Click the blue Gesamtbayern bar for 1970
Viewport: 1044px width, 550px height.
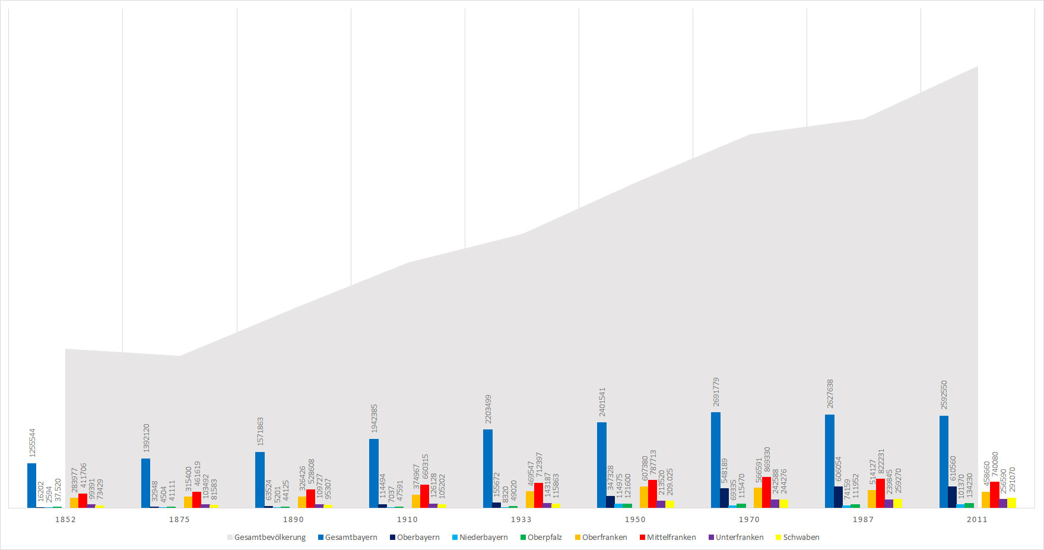point(716,460)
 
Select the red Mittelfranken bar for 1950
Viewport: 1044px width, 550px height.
point(652,494)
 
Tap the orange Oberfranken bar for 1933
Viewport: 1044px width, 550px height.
point(530,500)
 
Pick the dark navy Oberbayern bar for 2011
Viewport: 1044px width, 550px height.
point(952,497)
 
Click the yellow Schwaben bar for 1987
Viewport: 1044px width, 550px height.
point(897,503)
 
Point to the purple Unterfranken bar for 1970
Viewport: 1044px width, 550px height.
point(775,504)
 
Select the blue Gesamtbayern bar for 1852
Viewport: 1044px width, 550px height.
point(31,485)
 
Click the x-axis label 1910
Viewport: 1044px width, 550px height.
point(407,519)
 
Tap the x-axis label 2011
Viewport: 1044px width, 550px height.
point(977,519)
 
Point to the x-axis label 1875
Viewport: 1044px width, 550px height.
point(179,519)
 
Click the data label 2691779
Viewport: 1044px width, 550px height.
point(716,391)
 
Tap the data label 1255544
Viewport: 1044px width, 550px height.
point(32,442)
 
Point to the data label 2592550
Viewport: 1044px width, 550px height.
point(944,395)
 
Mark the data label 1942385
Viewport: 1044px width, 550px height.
point(374,419)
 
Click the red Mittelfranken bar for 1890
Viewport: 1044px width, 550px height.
point(310,498)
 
